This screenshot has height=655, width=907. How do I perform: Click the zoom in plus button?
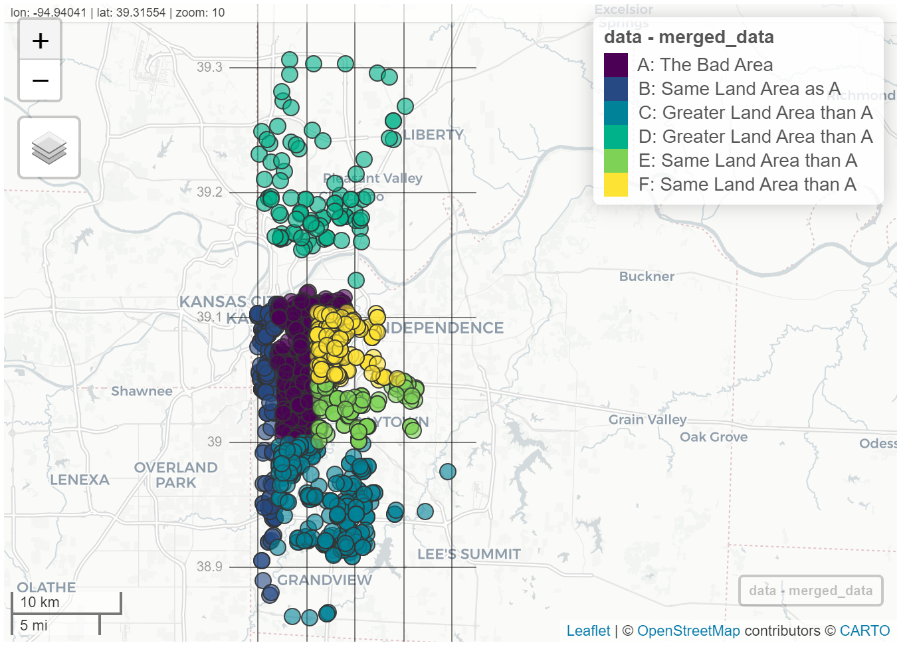[41, 41]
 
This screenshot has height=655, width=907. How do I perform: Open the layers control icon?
[49, 147]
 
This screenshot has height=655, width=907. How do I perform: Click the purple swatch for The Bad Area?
[616, 65]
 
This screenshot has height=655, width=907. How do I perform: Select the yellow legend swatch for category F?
[616, 185]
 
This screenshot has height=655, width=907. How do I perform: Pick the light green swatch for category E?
[616, 161]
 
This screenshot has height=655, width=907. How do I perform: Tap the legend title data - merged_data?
[688, 37]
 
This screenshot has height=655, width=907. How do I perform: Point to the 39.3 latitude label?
[209, 67]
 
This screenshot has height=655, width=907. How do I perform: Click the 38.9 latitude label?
[209, 567]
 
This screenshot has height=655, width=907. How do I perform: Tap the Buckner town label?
[647, 276]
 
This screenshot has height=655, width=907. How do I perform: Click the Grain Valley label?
[647, 419]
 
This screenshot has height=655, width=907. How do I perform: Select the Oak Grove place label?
[714, 437]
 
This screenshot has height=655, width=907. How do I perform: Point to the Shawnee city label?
[142, 391]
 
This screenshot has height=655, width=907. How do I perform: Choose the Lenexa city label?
[80, 480]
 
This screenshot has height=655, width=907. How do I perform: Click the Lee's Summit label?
[468, 554]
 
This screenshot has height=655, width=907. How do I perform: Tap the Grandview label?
[324, 580]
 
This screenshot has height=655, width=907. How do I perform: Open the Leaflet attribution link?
[588, 631]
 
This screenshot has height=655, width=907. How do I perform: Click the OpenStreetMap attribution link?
[688, 631]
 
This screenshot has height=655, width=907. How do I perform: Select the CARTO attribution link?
[864, 631]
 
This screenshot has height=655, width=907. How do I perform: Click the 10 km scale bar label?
[40, 603]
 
